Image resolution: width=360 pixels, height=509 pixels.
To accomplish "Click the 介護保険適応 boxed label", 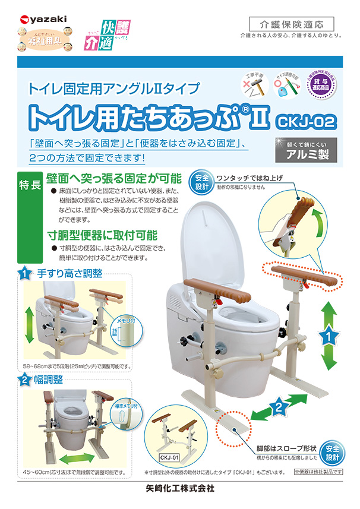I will click(x=288, y=24).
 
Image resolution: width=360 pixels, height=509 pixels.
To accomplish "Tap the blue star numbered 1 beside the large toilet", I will click(x=326, y=337).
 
